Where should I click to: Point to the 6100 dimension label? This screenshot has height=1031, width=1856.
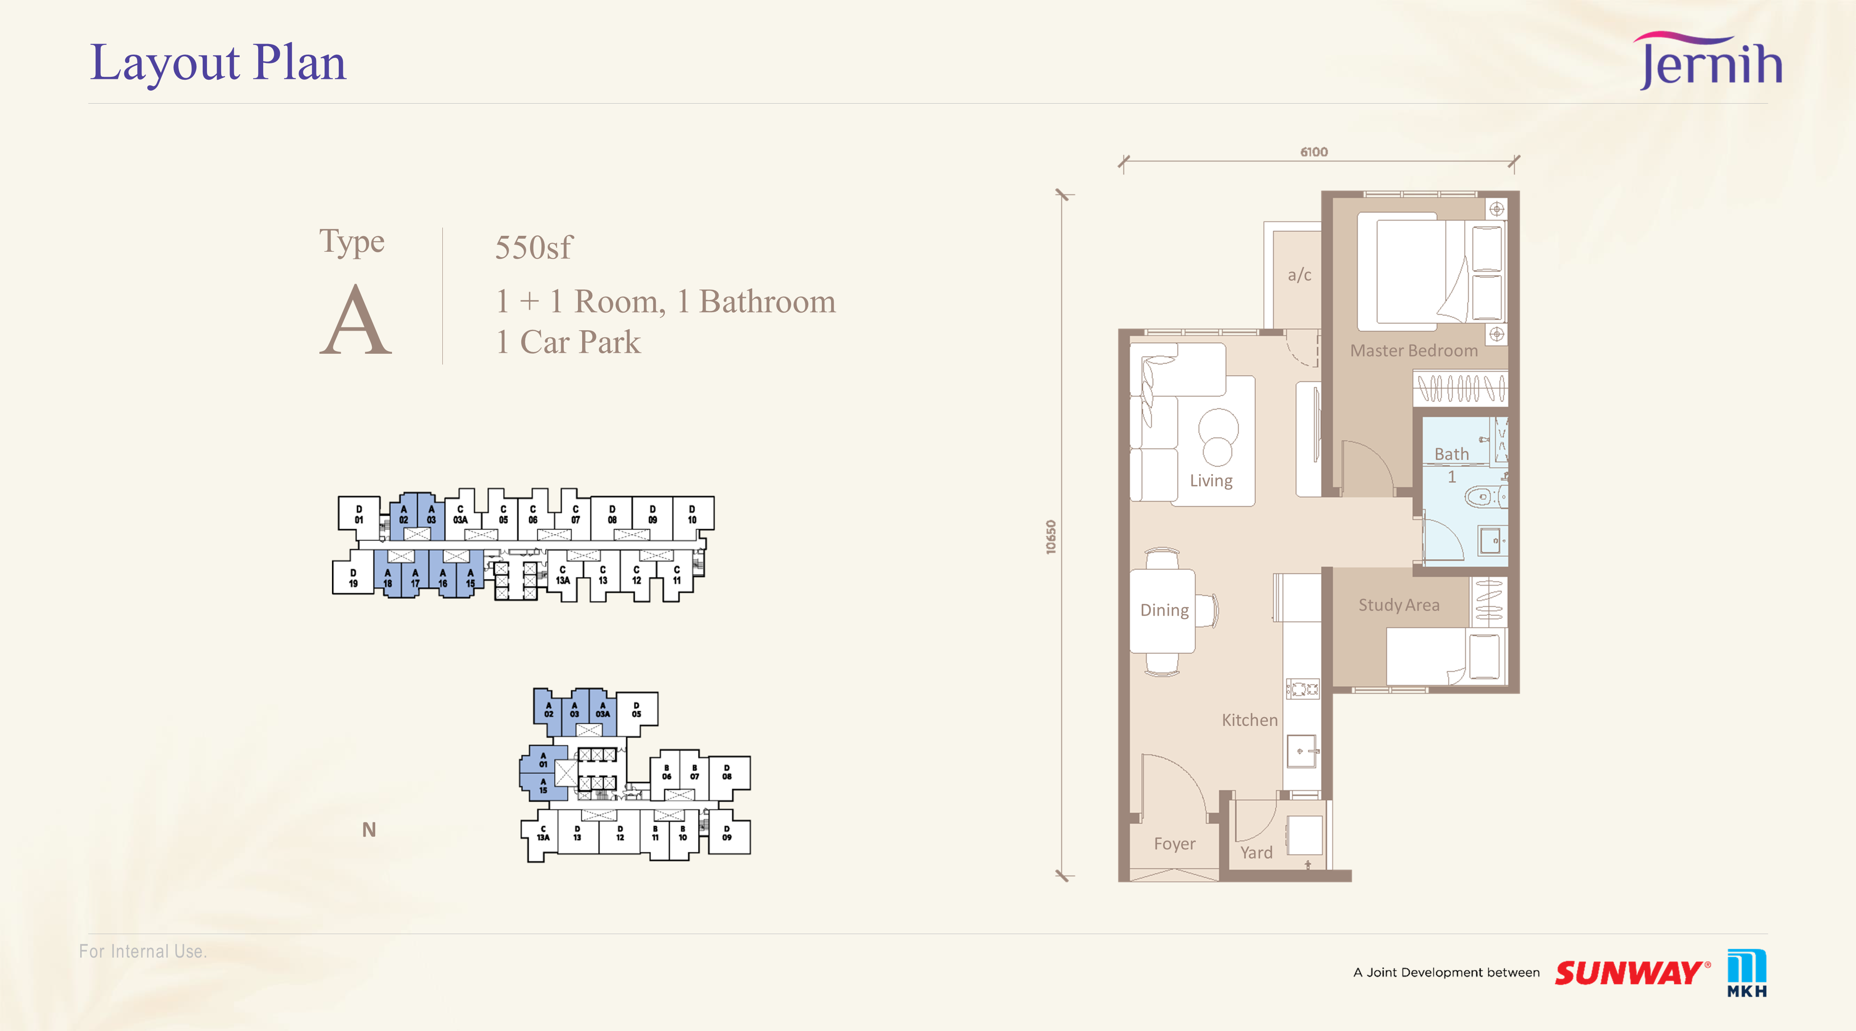[x=1313, y=152]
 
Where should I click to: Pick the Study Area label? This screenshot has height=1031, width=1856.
[x=1399, y=605]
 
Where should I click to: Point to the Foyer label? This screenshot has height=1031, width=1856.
[x=1174, y=844]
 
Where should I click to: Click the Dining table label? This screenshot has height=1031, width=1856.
[x=1164, y=610]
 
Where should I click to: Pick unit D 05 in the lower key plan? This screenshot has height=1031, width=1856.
[x=637, y=710]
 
